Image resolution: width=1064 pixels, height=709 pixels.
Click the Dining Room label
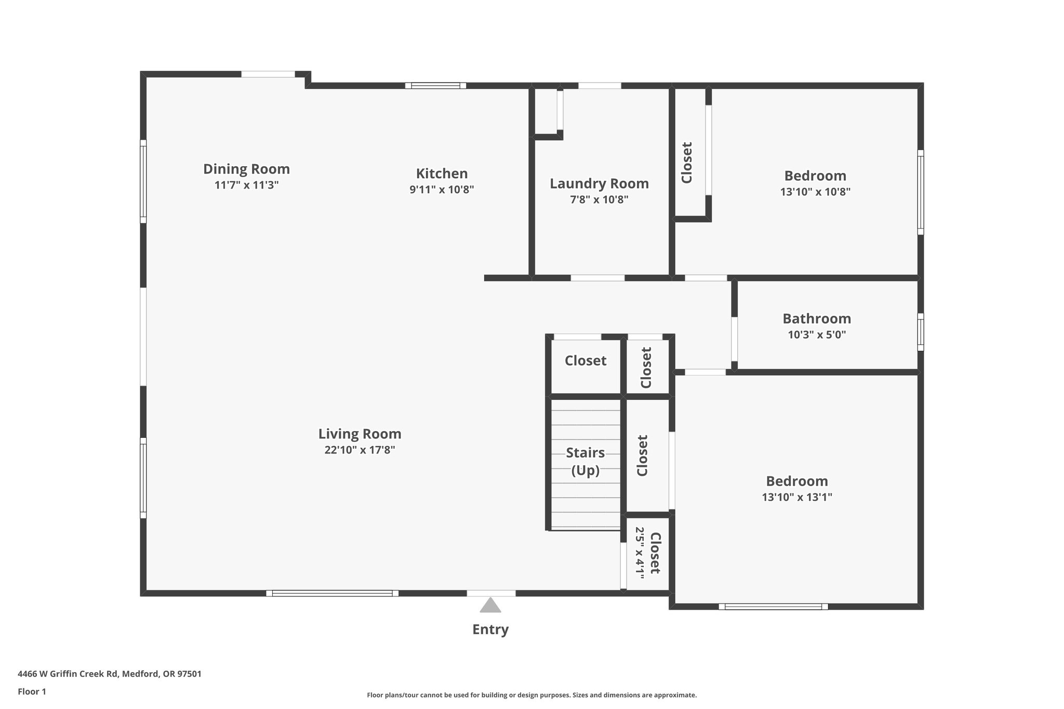click(246, 169)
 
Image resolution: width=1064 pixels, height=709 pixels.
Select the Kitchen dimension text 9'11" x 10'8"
click(442, 190)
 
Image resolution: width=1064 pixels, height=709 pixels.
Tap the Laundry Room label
click(599, 184)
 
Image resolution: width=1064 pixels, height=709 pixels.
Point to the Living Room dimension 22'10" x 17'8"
click(360, 450)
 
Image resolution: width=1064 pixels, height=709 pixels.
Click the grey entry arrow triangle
click(490, 605)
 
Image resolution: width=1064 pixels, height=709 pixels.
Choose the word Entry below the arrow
click(490, 630)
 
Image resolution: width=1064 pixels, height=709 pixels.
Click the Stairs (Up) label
click(586, 461)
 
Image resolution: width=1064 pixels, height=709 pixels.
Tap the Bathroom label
click(817, 318)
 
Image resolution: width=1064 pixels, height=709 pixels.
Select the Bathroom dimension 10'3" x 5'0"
click(817, 335)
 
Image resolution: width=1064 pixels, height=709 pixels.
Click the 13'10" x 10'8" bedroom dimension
click(815, 192)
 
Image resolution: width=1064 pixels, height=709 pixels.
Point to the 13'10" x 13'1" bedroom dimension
click(797, 497)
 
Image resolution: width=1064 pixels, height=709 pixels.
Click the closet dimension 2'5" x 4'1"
click(640, 553)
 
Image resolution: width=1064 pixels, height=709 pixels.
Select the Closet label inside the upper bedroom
click(687, 163)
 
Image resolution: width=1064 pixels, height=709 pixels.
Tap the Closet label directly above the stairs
click(586, 360)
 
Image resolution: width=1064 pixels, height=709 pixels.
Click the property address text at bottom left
click(110, 674)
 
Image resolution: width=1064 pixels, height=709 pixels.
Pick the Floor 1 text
click(32, 691)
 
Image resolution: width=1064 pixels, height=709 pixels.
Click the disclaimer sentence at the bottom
click(531, 695)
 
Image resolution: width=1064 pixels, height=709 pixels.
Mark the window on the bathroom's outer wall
click(920, 332)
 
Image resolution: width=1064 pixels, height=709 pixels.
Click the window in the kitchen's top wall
click(435, 86)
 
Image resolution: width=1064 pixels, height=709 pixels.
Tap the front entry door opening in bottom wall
click(491, 593)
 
